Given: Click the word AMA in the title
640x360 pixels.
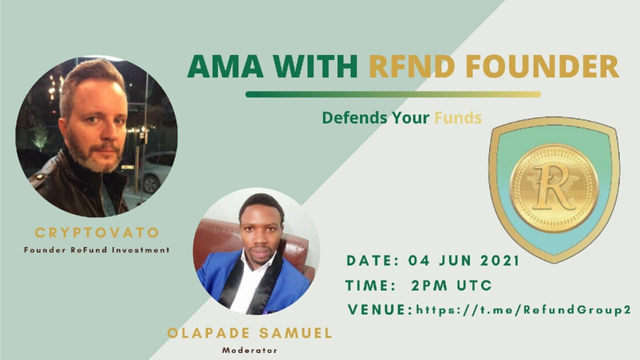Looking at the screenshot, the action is point(225,66).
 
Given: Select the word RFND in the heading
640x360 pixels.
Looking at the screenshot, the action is point(412,66).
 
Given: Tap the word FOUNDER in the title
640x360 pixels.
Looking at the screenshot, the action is point(542,66).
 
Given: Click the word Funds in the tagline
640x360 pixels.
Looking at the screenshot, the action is point(458,117).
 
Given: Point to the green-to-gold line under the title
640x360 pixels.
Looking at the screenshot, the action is point(393,94).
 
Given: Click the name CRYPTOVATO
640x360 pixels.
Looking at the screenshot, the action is point(96,233).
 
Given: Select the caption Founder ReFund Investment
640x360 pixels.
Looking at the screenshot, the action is point(97,250).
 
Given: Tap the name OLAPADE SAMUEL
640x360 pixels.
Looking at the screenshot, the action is point(249,333).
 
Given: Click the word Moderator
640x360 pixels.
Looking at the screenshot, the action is point(249,350).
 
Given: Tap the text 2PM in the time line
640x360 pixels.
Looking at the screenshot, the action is point(429,285).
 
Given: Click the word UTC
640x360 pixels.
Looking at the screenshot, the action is point(474,285).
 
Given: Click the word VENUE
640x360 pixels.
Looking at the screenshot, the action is point(377,310).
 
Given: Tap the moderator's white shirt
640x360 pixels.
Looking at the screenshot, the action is point(248,283).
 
